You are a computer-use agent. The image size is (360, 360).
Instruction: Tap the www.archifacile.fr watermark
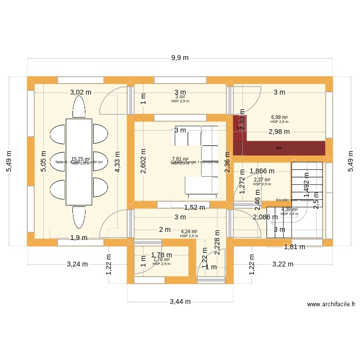[x=331, y=304]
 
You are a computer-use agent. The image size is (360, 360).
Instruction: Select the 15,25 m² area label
[x=81, y=159]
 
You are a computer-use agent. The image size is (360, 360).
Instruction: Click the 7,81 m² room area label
[x=180, y=159]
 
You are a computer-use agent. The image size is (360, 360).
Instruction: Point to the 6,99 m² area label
[x=279, y=117]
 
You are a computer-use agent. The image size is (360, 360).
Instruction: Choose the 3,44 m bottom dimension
[x=180, y=302]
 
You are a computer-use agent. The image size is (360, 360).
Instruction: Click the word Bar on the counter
[x=279, y=148]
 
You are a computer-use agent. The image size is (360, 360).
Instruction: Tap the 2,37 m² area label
[x=262, y=180]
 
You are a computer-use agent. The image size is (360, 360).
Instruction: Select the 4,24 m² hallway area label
[x=189, y=232]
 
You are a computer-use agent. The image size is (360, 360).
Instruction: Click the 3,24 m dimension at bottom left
[x=77, y=264]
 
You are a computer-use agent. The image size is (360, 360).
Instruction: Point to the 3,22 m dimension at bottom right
[x=282, y=264]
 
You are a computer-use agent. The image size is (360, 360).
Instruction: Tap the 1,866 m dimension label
[x=262, y=170]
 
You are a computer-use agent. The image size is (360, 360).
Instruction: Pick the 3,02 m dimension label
[x=81, y=92]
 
